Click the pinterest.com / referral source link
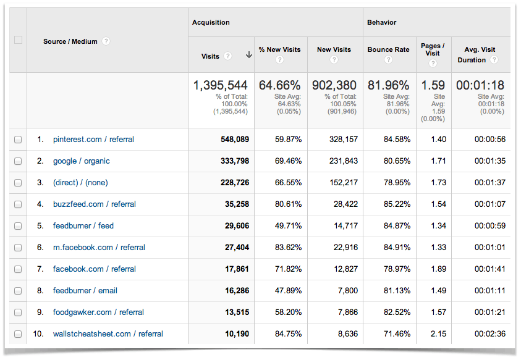coord(93,140)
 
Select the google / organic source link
coord(81,161)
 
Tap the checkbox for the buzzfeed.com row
coord(18,204)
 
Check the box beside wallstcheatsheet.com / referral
coord(18,334)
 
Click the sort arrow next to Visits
coord(248,55)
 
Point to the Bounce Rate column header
coord(388,49)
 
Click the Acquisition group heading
coord(211,22)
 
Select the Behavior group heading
coord(382,22)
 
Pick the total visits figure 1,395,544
coord(221,85)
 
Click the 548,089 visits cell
coord(234,140)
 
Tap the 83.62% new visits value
coord(288,248)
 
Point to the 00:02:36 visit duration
coord(490,334)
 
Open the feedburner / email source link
coord(85,291)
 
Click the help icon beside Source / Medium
coord(106,41)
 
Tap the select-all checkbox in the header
coord(18,40)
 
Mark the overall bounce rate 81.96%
coord(388,85)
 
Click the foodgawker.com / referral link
coord(98,312)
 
